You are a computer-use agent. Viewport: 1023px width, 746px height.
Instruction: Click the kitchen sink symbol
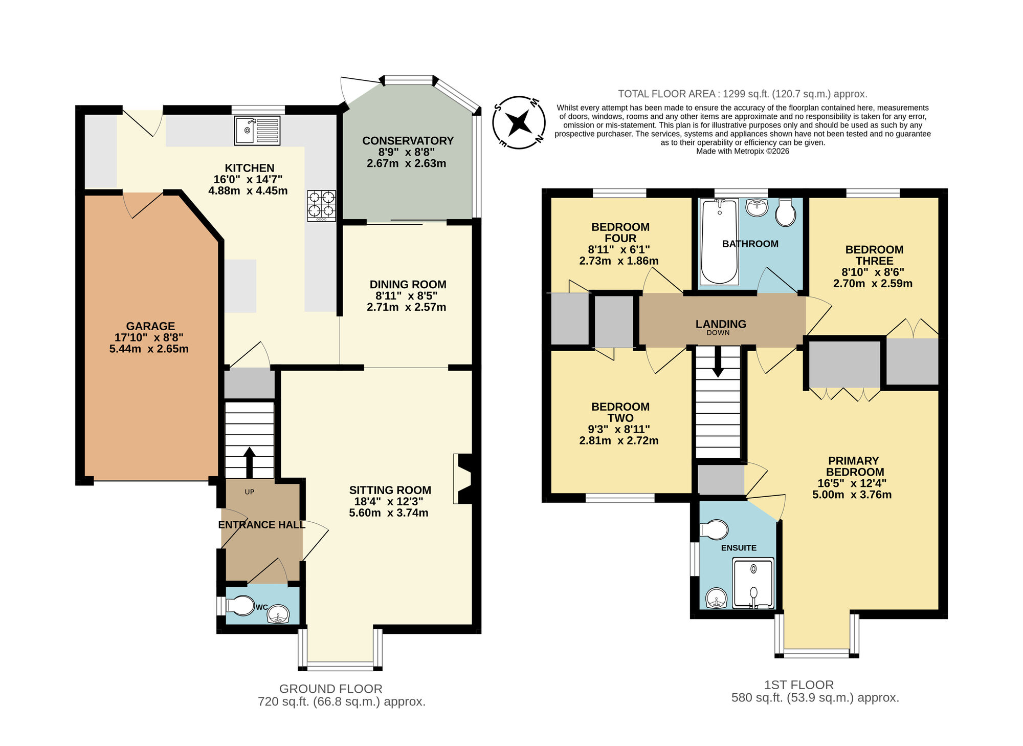(258, 131)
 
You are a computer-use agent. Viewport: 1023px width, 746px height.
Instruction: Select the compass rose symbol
(519, 123)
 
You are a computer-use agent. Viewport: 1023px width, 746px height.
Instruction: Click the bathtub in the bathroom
(719, 242)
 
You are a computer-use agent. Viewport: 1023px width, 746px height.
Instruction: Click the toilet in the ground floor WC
(240, 606)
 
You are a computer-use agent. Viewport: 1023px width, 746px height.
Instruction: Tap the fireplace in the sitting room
(463, 479)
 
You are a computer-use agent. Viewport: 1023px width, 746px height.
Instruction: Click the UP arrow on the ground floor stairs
(250, 462)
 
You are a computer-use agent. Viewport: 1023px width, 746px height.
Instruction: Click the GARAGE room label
(150, 326)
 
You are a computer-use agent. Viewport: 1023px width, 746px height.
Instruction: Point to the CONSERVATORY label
(408, 141)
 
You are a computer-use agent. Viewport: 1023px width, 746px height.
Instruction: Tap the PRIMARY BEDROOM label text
(854, 466)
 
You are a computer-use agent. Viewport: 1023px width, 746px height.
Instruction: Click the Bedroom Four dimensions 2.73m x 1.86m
(618, 261)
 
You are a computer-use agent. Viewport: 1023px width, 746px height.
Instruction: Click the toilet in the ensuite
(715, 530)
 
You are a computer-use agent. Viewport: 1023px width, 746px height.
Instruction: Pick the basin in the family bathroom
(757, 207)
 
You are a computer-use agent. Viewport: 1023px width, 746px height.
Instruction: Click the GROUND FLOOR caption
(330, 689)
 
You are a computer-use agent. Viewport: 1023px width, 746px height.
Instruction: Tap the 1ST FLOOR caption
(798, 685)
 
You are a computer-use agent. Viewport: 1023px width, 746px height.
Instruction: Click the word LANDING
(720, 324)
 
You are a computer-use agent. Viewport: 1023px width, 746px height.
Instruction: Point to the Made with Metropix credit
(742, 152)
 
